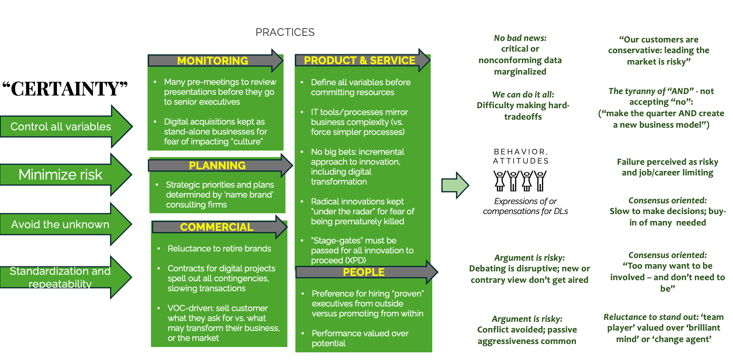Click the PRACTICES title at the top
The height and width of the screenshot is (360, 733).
[285, 32]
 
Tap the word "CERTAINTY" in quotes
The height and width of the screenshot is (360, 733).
[65, 89]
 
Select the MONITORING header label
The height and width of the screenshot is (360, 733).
[212, 61]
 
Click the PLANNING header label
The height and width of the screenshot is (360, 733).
[217, 165]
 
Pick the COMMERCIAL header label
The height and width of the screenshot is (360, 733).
[217, 227]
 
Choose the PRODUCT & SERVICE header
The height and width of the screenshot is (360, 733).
[360, 60]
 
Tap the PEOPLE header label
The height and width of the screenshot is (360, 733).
[364, 272]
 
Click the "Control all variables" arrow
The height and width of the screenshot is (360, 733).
[66, 126]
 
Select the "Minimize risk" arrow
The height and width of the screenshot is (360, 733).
[66, 175]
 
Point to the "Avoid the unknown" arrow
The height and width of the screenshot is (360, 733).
[66, 224]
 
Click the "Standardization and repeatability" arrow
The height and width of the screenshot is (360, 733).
[66, 277]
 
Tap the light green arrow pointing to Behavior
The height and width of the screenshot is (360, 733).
[455, 185]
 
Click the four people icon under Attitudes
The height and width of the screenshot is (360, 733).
[520, 181]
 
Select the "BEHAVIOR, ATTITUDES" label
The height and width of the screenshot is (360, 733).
[521, 156]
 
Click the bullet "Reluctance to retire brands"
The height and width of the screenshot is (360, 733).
[219, 248]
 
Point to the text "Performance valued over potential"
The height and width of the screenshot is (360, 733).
[360, 338]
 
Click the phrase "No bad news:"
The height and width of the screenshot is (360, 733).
[520, 38]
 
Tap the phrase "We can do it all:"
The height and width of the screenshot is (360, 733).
[523, 95]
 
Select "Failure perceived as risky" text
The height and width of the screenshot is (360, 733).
[668, 162]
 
